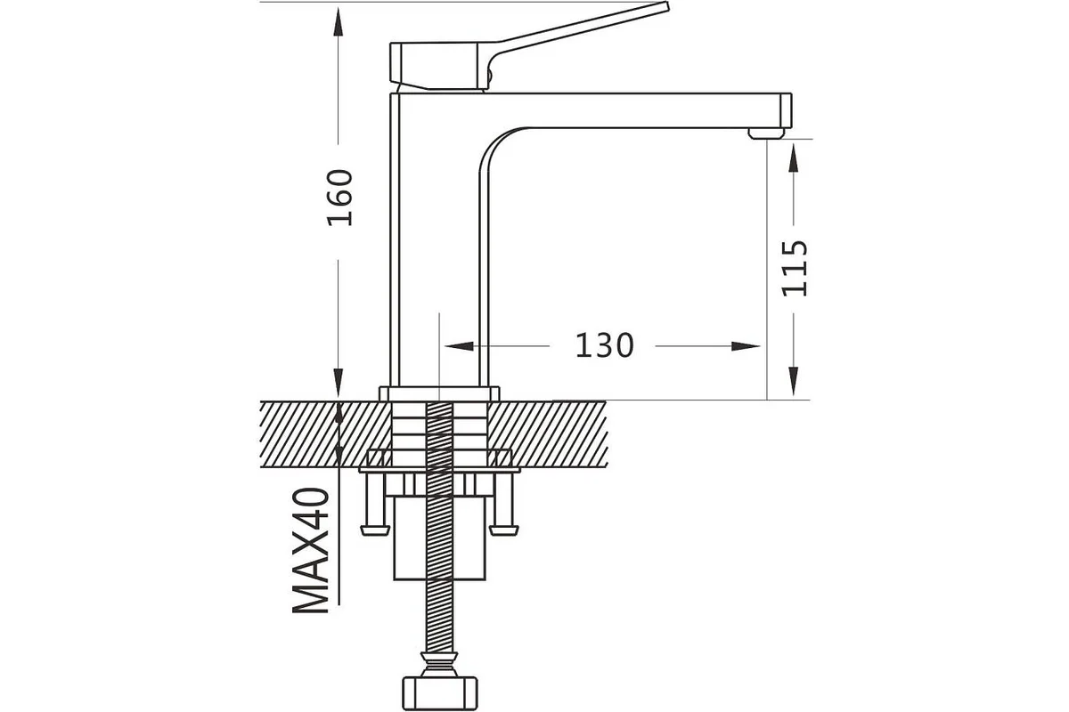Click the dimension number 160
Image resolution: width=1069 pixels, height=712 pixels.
339,198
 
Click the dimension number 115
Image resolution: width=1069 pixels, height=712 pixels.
795,269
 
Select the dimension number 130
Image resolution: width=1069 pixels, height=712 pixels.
605,345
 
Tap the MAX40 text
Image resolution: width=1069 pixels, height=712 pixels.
311,550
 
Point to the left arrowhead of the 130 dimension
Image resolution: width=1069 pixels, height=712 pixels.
459,346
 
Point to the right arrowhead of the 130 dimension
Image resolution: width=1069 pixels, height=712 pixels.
746,346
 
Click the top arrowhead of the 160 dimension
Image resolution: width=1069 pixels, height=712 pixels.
339,22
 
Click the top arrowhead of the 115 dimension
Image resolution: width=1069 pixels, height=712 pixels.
793,158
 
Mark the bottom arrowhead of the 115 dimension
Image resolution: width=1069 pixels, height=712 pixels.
793,381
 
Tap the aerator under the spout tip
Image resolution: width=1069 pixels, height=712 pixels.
766,133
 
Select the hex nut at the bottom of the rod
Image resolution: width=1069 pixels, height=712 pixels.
439,693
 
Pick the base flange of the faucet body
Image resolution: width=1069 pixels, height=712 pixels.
439,393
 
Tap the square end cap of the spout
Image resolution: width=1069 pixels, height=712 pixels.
786,110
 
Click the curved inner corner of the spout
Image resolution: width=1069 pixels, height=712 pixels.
496,143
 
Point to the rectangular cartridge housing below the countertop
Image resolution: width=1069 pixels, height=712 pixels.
439,538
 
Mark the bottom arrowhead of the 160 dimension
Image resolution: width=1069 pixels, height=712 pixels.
339,382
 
